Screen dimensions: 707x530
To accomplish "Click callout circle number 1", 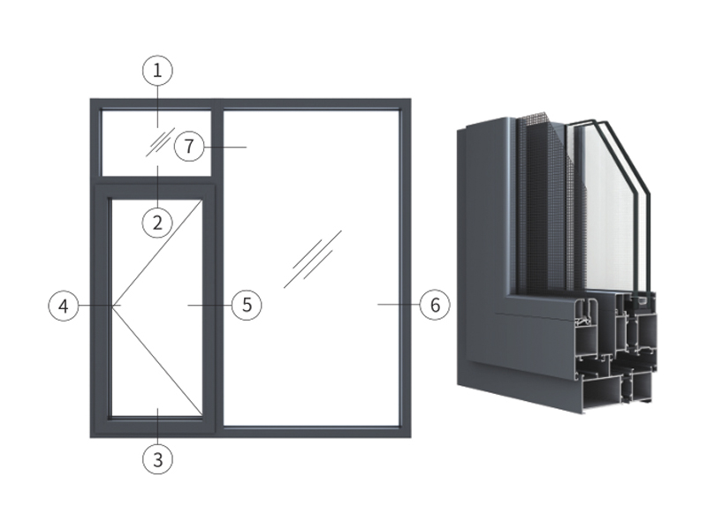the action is click(x=157, y=71).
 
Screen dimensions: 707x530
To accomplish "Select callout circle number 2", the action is click(x=157, y=223).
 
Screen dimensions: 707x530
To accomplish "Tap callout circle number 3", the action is click(x=157, y=459).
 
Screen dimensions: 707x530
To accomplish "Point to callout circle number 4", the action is click(x=64, y=306).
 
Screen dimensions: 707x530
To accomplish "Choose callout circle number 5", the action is click(x=247, y=305).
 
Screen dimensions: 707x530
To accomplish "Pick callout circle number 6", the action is click(x=435, y=305).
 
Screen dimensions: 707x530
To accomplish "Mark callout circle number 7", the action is click(x=189, y=147).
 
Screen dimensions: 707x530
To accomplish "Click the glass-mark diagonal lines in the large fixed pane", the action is click(x=313, y=259).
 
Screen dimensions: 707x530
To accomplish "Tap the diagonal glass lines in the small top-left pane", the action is click(x=160, y=142).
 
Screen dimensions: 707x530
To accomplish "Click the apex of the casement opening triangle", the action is click(x=113, y=306).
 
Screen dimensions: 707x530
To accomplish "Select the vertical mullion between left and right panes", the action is click(x=217, y=268).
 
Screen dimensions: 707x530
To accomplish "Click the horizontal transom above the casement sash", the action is click(x=156, y=180).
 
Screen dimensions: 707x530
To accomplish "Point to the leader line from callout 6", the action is click(x=399, y=305).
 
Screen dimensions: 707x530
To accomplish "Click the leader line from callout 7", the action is click(x=225, y=147).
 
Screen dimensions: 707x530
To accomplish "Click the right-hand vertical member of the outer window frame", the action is click(x=405, y=268).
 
